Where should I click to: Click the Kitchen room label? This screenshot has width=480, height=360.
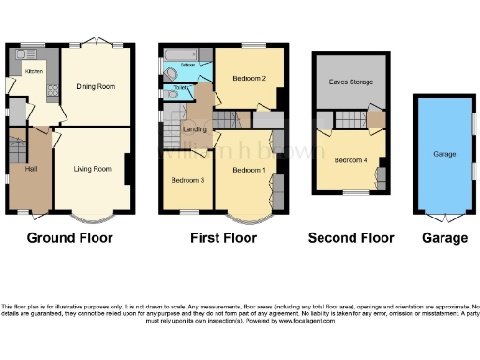pyautogui.click(x=33, y=71)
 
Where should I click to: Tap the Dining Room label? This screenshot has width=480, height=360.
pyautogui.click(x=96, y=86)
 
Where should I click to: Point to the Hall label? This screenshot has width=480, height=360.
pyautogui.click(x=31, y=169)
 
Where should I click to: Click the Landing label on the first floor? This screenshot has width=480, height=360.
pyautogui.click(x=194, y=130)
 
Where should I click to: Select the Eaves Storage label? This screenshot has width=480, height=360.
pyautogui.click(x=352, y=82)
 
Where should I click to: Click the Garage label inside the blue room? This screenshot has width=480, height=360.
pyautogui.click(x=444, y=153)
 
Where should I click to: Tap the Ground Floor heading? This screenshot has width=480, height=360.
pyautogui.click(x=69, y=238)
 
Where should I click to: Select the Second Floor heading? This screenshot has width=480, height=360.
pyautogui.click(x=352, y=238)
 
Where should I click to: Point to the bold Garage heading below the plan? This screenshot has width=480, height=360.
pyautogui.click(x=444, y=238)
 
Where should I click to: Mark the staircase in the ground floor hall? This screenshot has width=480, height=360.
pyautogui.click(x=17, y=149)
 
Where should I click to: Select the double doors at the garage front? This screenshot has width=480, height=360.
pyautogui.click(x=444, y=216)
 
